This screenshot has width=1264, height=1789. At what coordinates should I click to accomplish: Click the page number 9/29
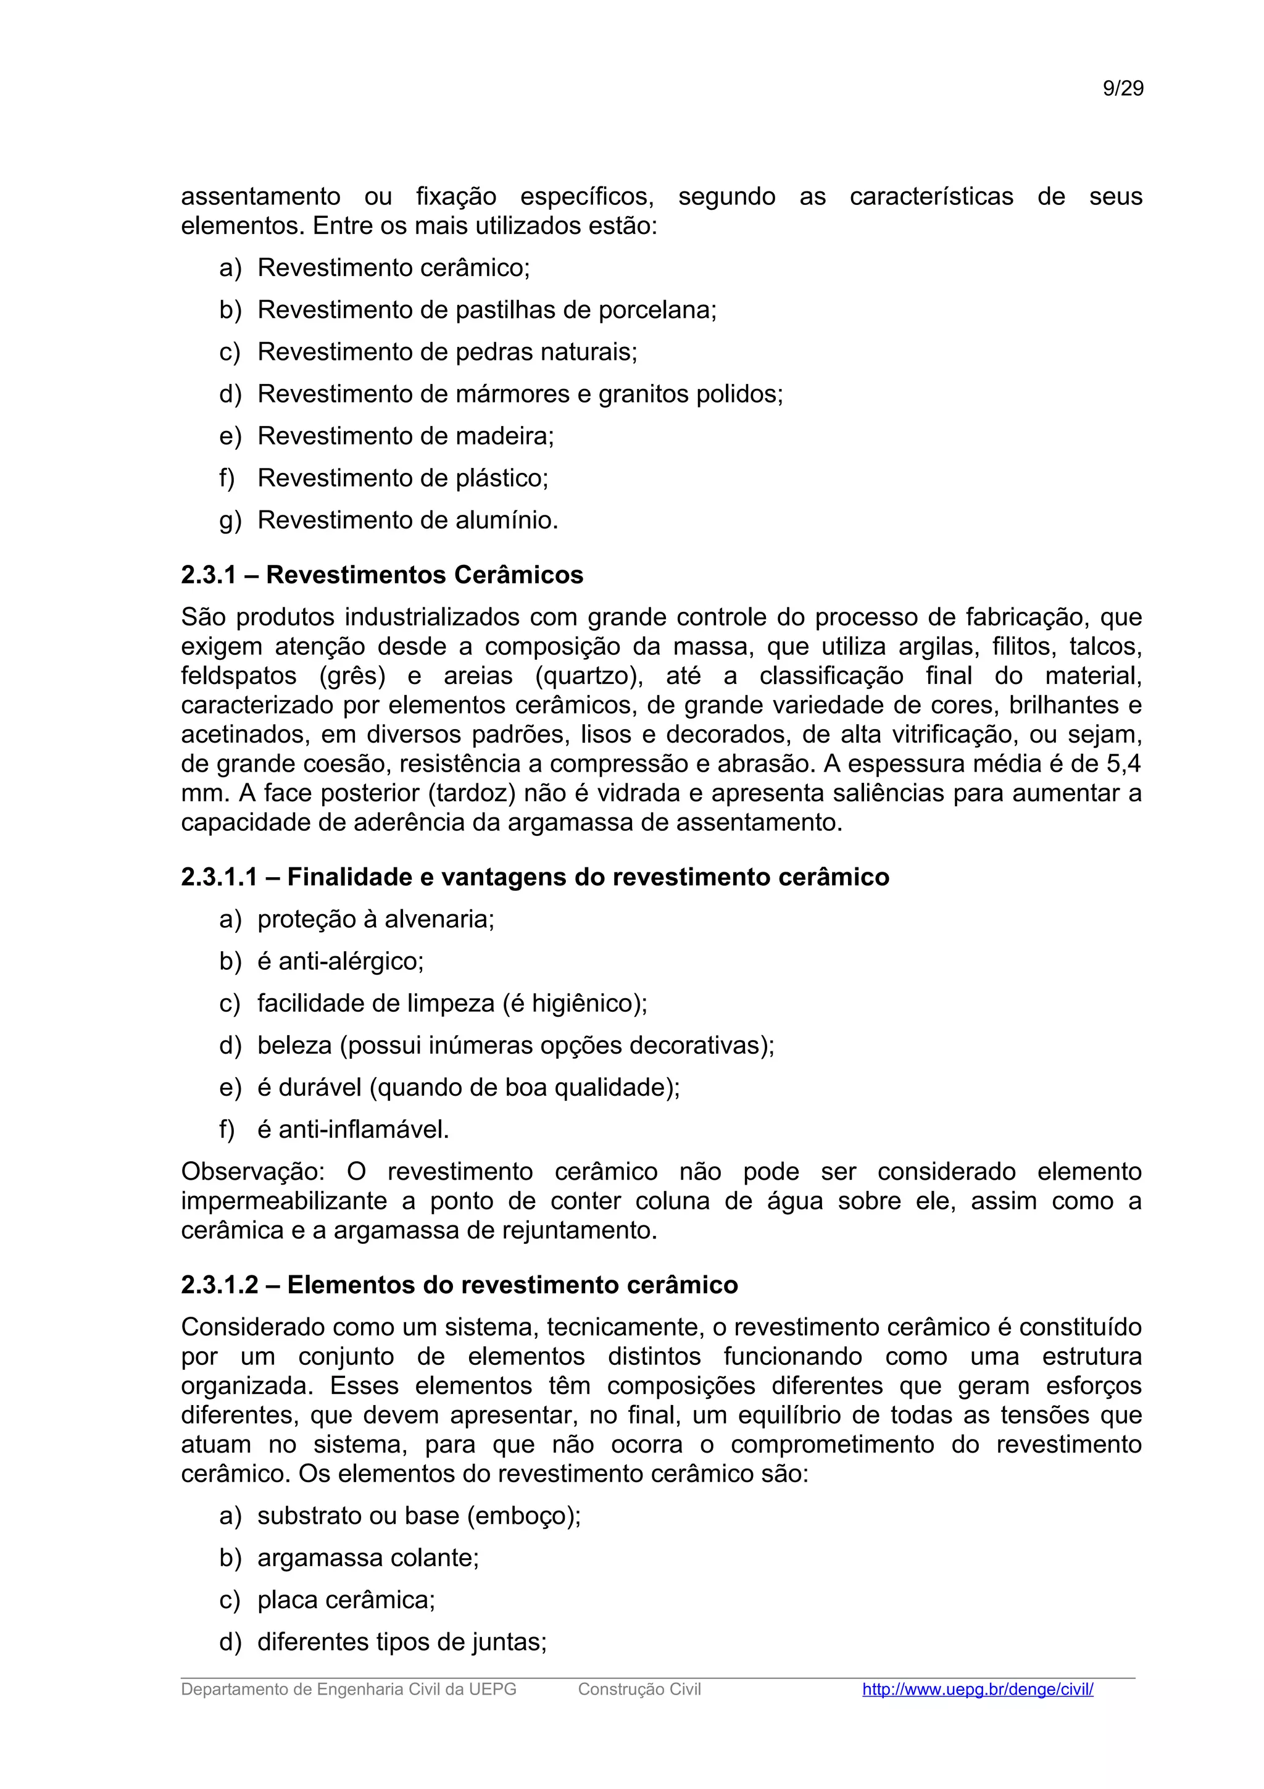[1122, 89]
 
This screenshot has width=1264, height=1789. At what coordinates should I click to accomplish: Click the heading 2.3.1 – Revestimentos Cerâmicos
[381, 575]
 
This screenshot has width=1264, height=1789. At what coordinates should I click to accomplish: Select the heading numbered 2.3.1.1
[534, 877]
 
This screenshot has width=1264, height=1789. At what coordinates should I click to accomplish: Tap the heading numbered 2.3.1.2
[459, 1285]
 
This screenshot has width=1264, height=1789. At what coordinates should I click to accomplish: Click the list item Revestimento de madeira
[405, 436]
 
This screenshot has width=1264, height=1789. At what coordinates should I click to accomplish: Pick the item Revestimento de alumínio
[407, 520]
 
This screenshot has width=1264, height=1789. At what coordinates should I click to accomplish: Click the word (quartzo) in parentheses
[589, 675]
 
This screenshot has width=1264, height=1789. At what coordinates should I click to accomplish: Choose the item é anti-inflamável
[353, 1130]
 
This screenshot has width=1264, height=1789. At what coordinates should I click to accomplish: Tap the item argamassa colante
[368, 1558]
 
